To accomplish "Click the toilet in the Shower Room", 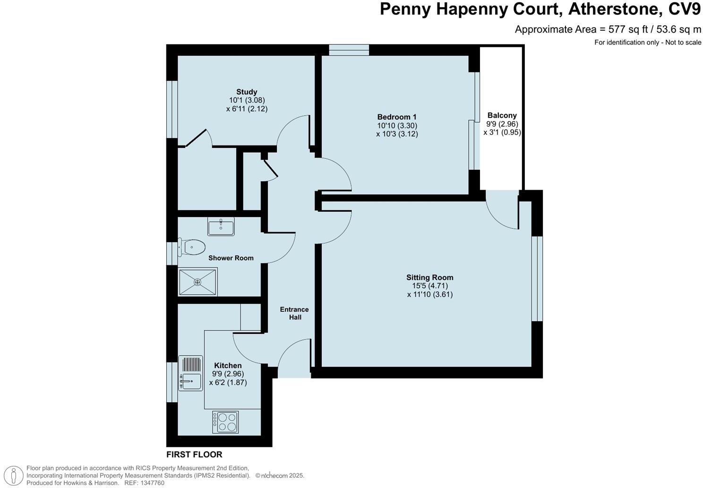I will point(193,247).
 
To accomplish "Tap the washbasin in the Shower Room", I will point(221,227).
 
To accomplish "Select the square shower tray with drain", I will point(197,282).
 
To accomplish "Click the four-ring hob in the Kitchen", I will point(225,422).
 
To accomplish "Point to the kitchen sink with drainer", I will point(190,373).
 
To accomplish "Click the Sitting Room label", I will point(429,278).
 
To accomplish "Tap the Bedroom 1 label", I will point(396,117).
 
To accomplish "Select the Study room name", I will point(247,92).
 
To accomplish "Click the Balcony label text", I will point(502,115).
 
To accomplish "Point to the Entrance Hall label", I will point(294,313).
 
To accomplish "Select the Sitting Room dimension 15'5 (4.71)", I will point(429,286).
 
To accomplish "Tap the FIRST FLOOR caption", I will point(194,454).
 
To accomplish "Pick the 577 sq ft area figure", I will point(626,29).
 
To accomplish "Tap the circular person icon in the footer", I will point(16,475).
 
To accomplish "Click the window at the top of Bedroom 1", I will point(349,50).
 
